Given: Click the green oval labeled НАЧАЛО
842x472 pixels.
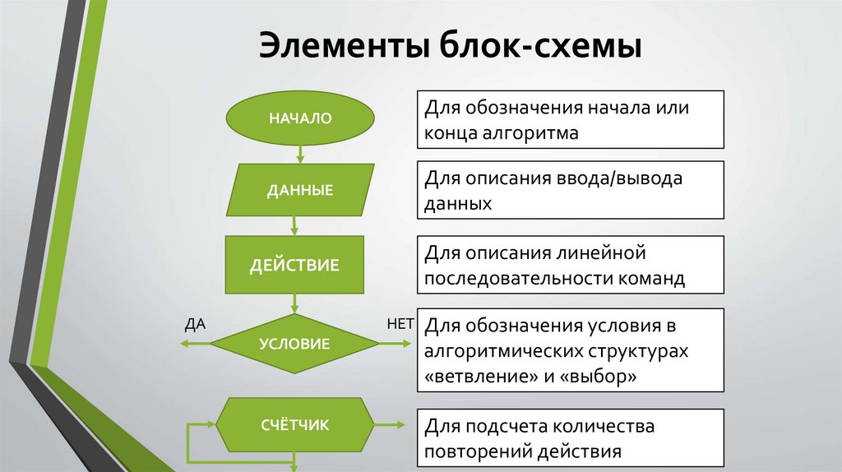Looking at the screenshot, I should [299, 118].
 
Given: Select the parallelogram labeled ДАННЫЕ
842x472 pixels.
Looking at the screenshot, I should [299, 190].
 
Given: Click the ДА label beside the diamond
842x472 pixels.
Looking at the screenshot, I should [195, 323].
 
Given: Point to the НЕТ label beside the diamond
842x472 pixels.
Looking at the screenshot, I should [400, 323].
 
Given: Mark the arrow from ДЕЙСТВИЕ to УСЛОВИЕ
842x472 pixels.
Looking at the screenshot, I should [294, 303].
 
